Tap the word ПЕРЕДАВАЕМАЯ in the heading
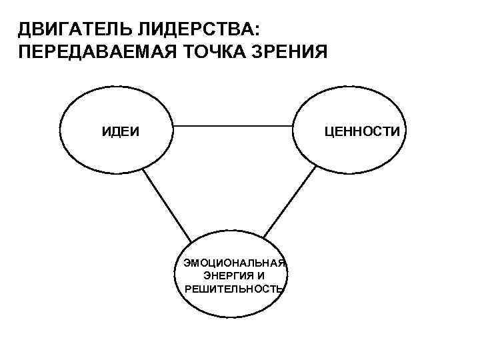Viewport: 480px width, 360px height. pos(89,53)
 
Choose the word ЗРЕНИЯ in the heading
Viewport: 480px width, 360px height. pos(290,53)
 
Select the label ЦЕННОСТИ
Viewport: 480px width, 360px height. pos(363,131)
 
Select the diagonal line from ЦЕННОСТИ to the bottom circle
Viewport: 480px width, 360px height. pos(291,201)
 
